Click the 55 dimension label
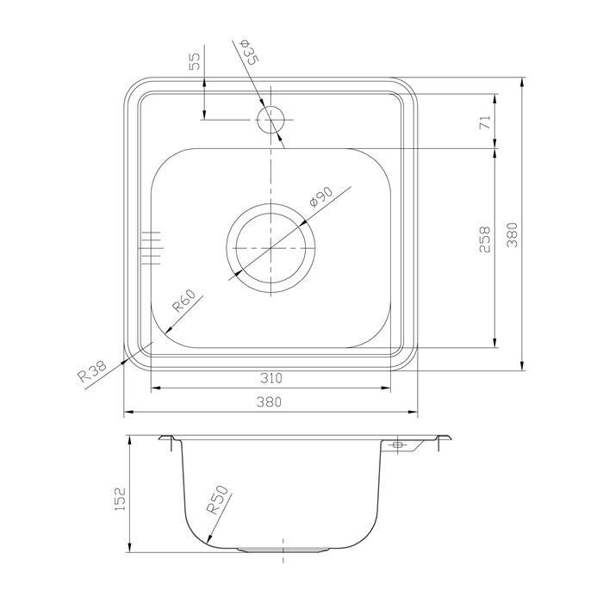pyautogui.click(x=196, y=61)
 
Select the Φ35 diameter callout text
pyautogui.click(x=249, y=52)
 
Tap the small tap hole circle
pyautogui.click(x=270, y=120)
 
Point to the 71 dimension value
pyautogui.click(x=486, y=122)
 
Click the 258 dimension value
pyautogui.click(x=485, y=239)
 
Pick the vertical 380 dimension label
pyautogui.click(x=512, y=234)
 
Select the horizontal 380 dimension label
pyautogui.click(x=269, y=402)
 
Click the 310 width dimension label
pyautogui.click(x=271, y=378)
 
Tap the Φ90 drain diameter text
pyautogui.click(x=320, y=196)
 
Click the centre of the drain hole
pyautogui.click(x=270, y=248)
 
